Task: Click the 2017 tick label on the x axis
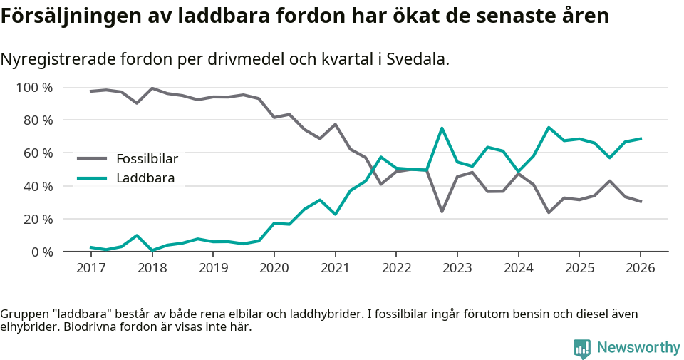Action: [90, 268]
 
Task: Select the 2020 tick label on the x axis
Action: [274, 268]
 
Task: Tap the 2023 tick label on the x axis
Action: [457, 268]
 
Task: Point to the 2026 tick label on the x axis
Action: [640, 268]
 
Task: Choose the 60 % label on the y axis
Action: [38, 153]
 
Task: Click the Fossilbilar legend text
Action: [147, 158]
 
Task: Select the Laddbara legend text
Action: [145, 178]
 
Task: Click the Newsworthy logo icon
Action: [581, 348]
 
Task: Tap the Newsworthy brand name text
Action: [638, 348]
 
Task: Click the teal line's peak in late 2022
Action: [442, 128]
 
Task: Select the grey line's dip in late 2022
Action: [442, 211]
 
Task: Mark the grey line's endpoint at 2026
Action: [641, 202]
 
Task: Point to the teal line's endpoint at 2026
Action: [641, 138]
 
